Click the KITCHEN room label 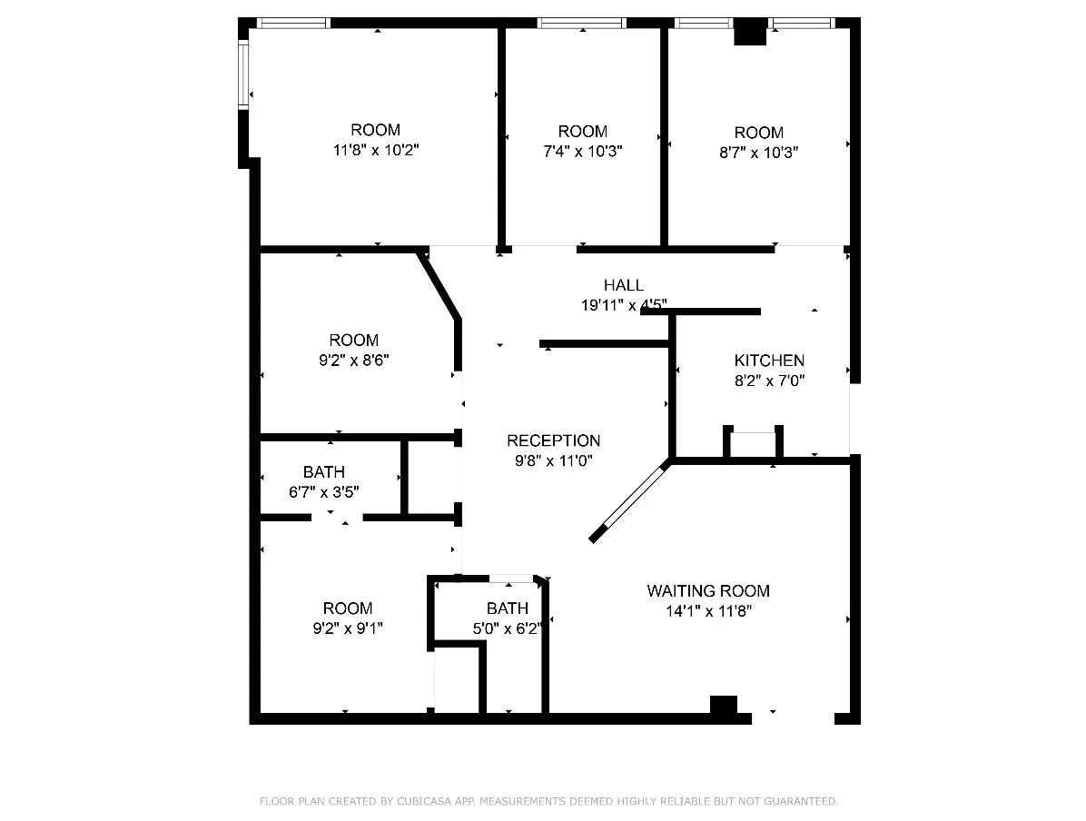click(x=769, y=361)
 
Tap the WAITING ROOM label click(x=707, y=591)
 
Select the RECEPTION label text click(x=553, y=441)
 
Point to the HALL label click(x=624, y=285)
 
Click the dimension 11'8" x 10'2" click(x=375, y=149)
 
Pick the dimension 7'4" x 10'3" click(x=582, y=151)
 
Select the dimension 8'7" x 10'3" click(x=758, y=152)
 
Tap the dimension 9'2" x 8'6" click(x=353, y=360)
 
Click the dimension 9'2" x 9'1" click(x=348, y=628)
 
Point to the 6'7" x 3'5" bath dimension click(x=323, y=492)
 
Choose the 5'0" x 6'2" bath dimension click(x=507, y=628)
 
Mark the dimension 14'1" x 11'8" click(x=707, y=612)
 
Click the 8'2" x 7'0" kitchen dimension click(x=769, y=381)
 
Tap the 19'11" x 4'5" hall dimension click(x=624, y=305)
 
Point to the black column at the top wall click(x=750, y=33)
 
